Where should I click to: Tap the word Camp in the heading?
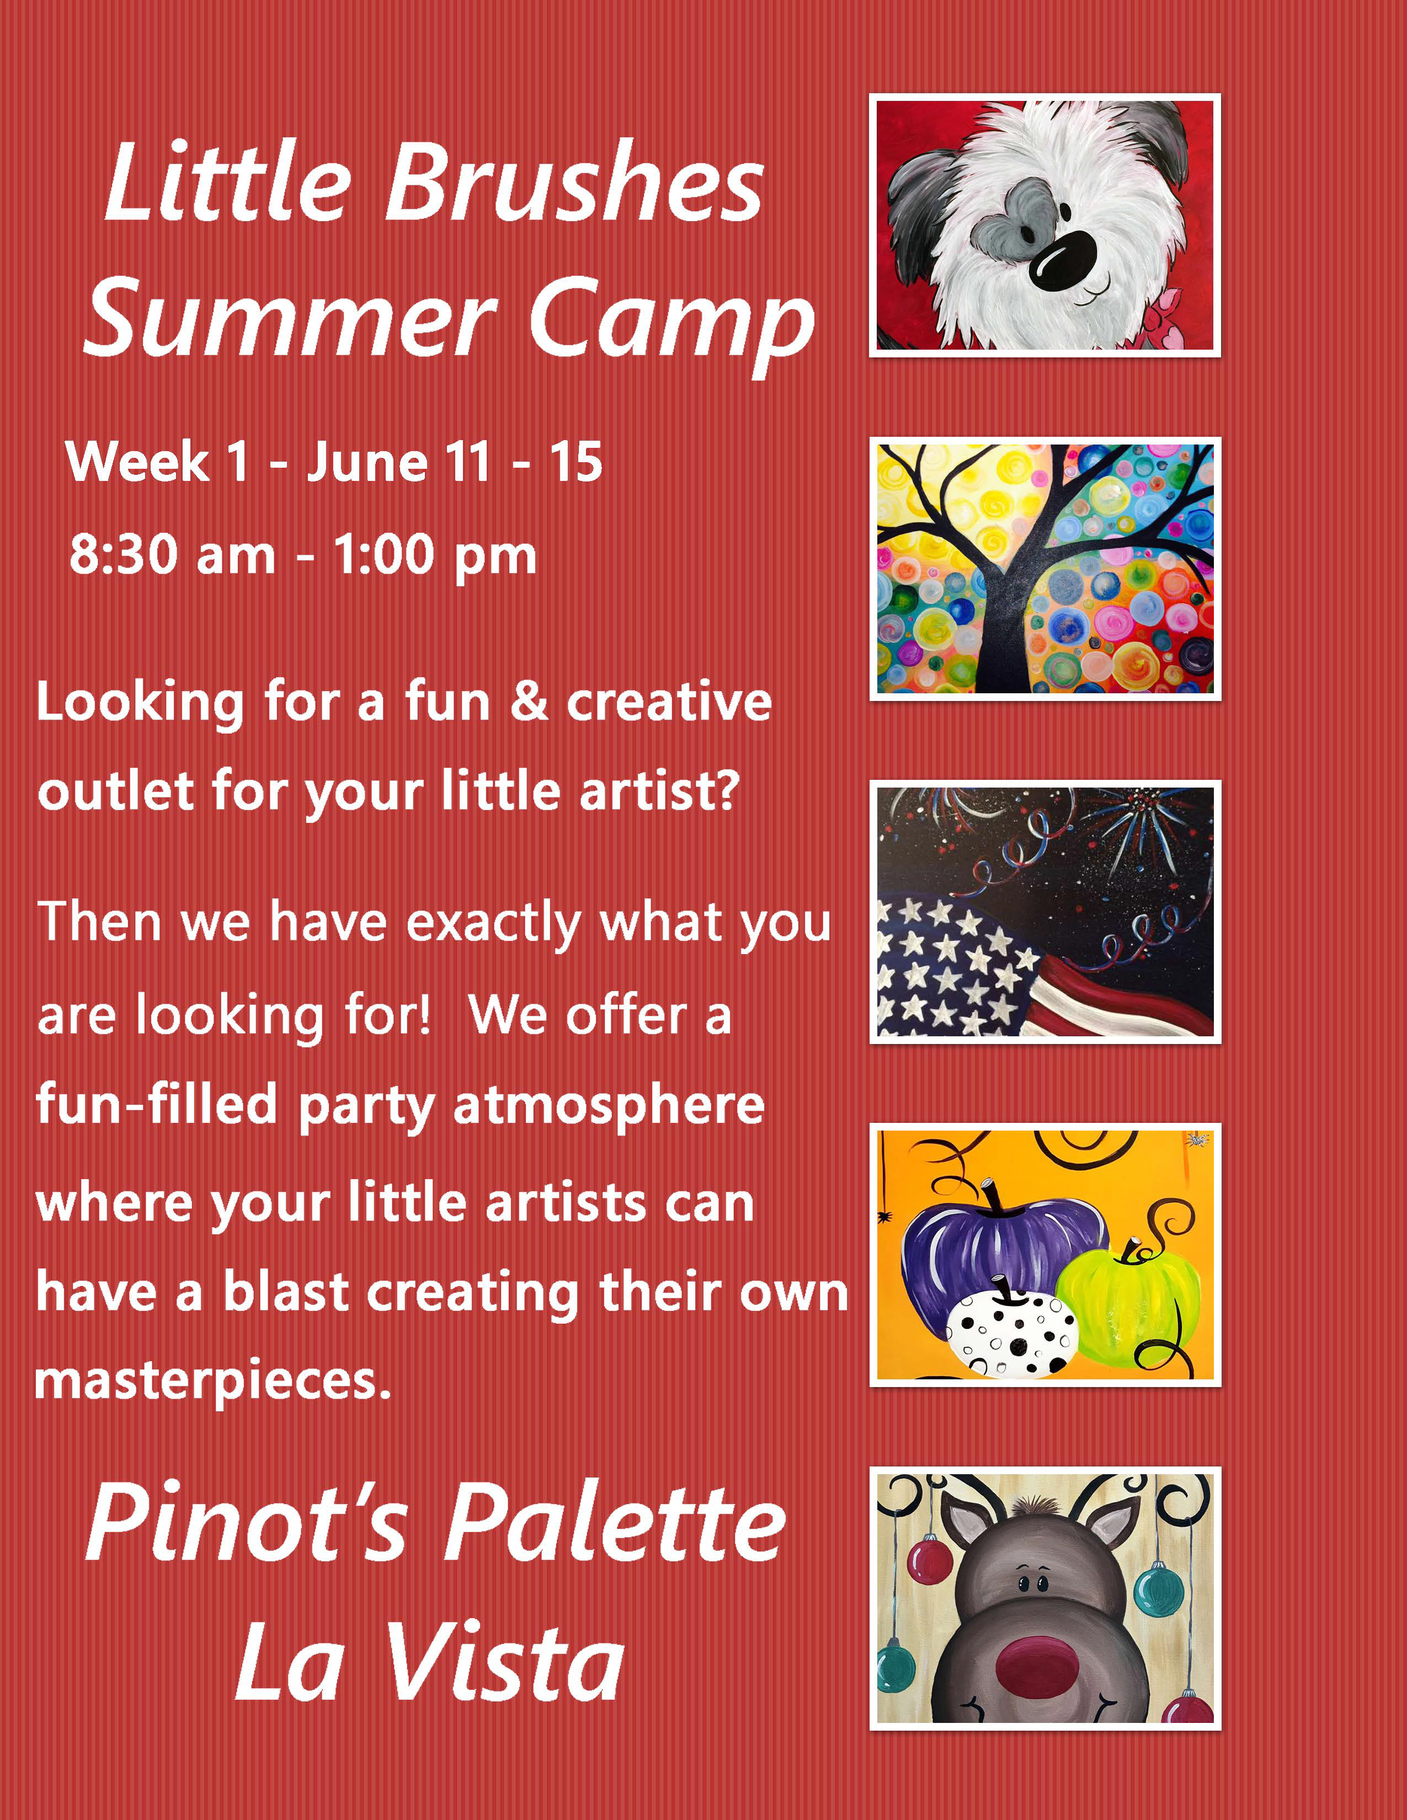point(671,321)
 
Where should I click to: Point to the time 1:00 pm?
point(434,556)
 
